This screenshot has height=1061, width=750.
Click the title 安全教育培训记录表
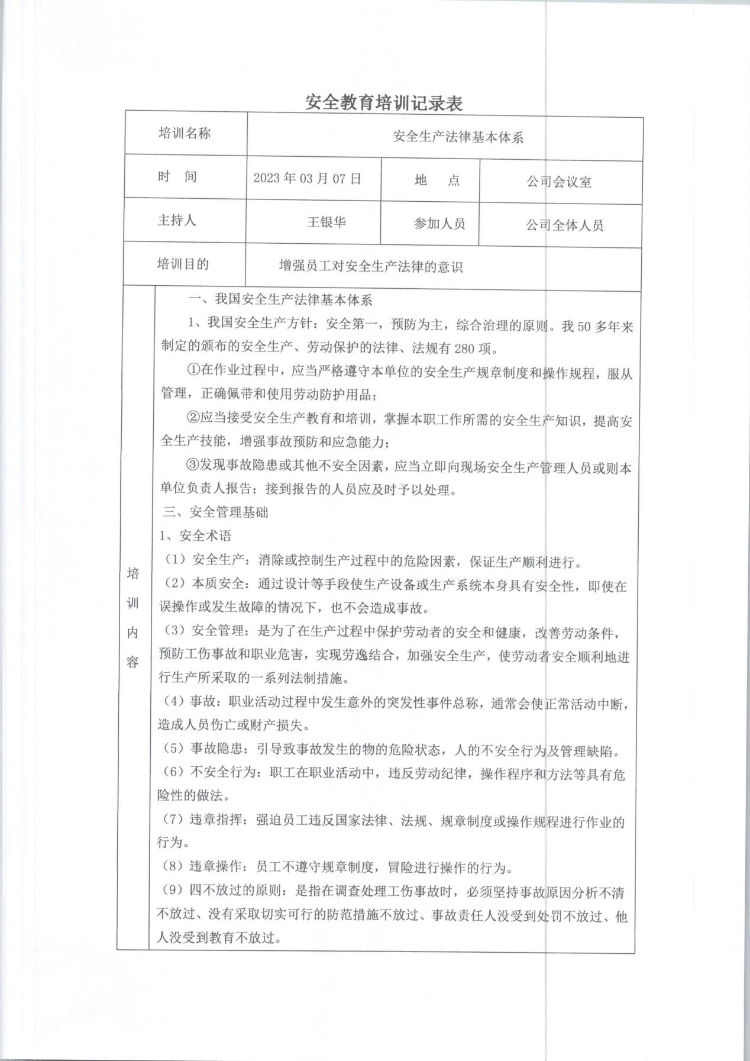[x=383, y=103]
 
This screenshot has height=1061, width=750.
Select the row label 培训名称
[x=185, y=134]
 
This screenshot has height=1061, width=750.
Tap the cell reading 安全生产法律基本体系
[x=458, y=138]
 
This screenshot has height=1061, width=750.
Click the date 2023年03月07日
[x=307, y=179]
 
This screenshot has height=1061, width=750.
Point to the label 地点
[x=437, y=180]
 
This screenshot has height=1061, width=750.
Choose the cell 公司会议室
[x=559, y=182]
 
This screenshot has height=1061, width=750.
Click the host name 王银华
[x=326, y=222]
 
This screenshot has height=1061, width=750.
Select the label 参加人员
[x=439, y=224]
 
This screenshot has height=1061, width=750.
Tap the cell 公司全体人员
[x=564, y=225]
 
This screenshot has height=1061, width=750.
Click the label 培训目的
[x=183, y=264]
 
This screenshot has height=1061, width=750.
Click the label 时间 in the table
[x=177, y=177]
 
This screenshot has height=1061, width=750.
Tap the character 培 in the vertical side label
[x=133, y=573]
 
